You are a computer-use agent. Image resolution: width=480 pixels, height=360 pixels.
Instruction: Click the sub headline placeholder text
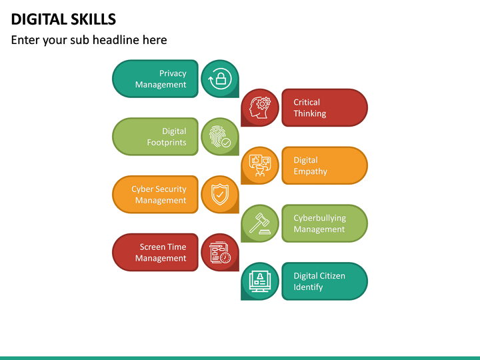click(89, 40)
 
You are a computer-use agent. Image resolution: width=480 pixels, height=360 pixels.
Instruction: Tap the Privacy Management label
click(161, 79)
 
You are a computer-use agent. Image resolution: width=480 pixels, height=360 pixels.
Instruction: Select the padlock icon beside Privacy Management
click(220, 79)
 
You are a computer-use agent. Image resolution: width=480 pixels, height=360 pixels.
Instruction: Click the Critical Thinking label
click(309, 108)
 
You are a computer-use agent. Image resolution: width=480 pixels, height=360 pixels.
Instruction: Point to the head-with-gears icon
click(260, 108)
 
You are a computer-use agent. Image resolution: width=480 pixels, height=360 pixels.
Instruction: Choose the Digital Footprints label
click(167, 137)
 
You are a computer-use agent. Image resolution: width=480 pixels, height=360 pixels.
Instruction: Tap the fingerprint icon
click(220, 137)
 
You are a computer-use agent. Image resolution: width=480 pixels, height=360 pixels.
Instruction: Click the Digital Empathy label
click(310, 165)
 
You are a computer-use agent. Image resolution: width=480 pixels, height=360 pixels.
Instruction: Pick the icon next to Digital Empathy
click(260, 165)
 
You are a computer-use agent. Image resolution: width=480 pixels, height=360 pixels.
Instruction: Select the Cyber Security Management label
click(159, 195)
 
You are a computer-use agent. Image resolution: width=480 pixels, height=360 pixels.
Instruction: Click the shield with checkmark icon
click(220, 195)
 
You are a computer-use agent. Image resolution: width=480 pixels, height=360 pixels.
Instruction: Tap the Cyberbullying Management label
click(319, 223)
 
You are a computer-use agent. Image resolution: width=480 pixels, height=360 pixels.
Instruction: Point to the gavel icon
click(260, 223)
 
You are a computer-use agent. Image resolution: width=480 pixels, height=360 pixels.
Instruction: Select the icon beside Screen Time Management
click(220, 253)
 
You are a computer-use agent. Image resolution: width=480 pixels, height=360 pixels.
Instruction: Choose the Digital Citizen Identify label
click(319, 281)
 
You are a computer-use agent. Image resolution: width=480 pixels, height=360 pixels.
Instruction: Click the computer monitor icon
click(260, 281)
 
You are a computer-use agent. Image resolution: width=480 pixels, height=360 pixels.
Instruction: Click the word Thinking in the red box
click(310, 114)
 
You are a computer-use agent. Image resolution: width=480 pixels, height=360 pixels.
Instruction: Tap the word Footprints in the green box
click(167, 143)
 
